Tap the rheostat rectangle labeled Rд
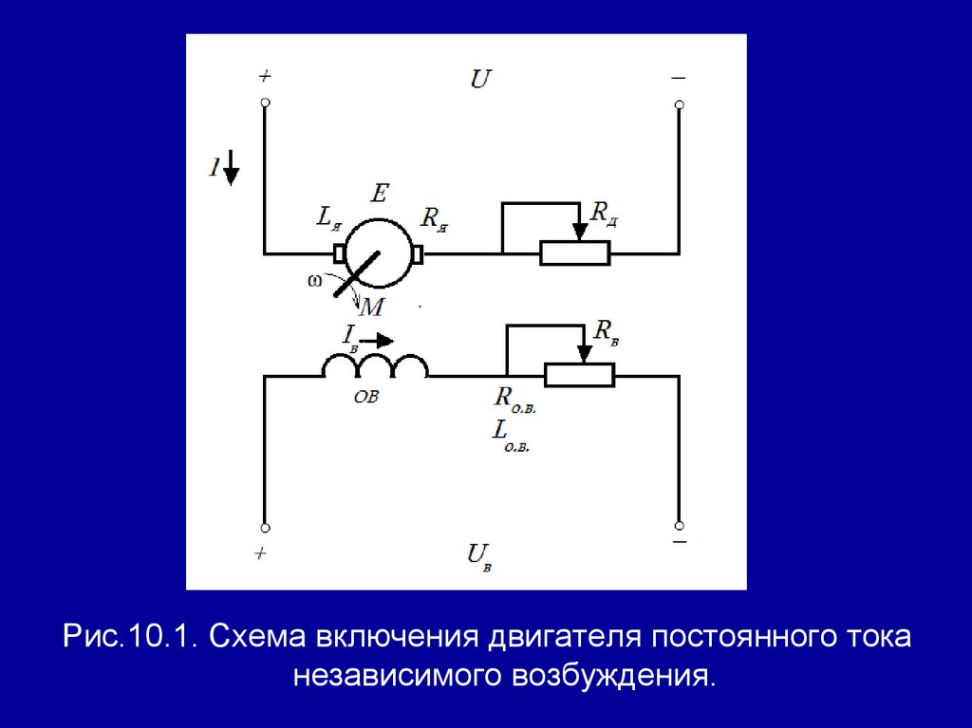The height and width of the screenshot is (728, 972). pyautogui.click(x=574, y=253)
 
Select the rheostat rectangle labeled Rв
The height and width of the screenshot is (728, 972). pyautogui.click(x=579, y=375)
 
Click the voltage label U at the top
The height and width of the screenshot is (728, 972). pyautogui.click(x=480, y=79)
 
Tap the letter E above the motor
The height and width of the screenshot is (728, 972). pyautogui.click(x=379, y=195)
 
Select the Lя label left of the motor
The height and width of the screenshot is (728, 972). pyautogui.click(x=328, y=221)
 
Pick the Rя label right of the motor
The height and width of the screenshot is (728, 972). pyautogui.click(x=434, y=219)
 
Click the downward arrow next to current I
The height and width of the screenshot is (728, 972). pyautogui.click(x=232, y=171)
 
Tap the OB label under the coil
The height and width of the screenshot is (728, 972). pyautogui.click(x=366, y=399)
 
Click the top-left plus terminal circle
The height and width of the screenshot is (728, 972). pyautogui.click(x=265, y=103)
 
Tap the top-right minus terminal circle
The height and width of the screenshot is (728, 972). pyautogui.click(x=678, y=103)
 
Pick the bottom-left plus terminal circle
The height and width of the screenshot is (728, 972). pyautogui.click(x=265, y=527)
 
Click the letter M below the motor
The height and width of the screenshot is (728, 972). pyautogui.click(x=372, y=306)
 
